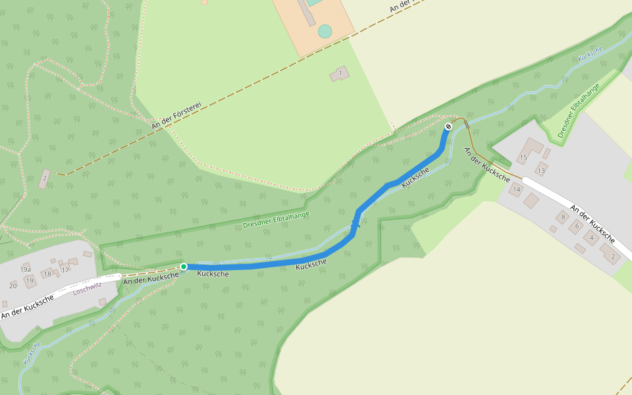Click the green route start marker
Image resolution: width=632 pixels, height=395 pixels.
(x=184, y=267)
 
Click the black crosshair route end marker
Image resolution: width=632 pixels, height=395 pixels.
(x=448, y=126)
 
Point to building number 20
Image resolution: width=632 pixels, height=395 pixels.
(x=13, y=285)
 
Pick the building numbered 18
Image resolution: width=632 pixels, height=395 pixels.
(x=47, y=274)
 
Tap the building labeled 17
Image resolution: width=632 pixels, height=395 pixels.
(x=65, y=270)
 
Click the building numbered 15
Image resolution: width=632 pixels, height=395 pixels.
(x=524, y=157)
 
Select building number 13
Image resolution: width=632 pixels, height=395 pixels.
(x=541, y=171)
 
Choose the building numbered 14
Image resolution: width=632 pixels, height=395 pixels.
(x=516, y=190)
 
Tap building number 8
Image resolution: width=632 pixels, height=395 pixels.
(x=563, y=216)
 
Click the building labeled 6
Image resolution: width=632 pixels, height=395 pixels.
(x=577, y=226)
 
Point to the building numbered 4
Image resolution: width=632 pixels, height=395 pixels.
(x=592, y=238)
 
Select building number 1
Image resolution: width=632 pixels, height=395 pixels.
(x=340, y=74)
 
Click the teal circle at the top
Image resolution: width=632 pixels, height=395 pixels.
(x=325, y=31)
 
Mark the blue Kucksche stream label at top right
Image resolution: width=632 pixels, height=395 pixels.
(x=590, y=54)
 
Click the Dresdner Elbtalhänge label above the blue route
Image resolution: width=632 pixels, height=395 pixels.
(x=276, y=220)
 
